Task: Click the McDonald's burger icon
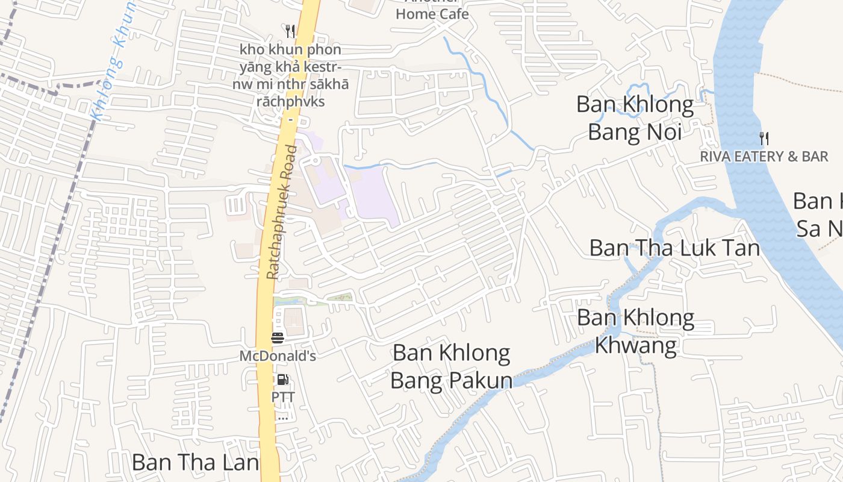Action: [x=278, y=338]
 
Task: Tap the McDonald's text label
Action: [x=278, y=356]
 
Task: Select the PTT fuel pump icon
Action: [x=282, y=380]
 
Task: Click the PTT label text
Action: [x=282, y=398]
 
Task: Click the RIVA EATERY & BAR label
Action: [x=764, y=157]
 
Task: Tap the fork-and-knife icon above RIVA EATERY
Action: [x=764, y=139]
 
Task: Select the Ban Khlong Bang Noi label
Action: [x=635, y=117]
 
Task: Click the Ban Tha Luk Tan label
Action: [x=674, y=248]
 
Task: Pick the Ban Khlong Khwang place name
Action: [x=635, y=331]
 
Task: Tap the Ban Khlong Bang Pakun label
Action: [x=451, y=366]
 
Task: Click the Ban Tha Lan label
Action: [x=195, y=463]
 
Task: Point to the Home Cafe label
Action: [x=432, y=13]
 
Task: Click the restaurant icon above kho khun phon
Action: [x=290, y=31]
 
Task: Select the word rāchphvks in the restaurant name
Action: [x=290, y=101]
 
